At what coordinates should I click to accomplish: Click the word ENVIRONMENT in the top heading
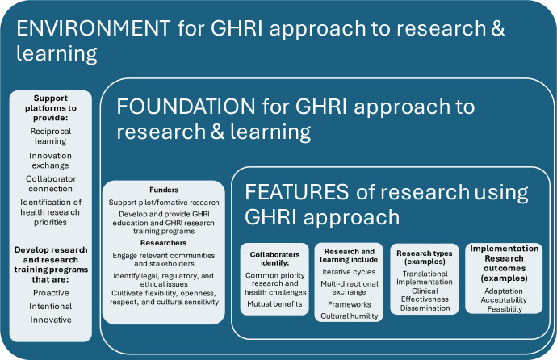[94, 28]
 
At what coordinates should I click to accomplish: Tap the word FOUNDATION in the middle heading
[186, 107]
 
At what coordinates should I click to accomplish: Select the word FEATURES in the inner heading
[296, 192]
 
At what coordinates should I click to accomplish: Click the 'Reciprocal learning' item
[50, 136]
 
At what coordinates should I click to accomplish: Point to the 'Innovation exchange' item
[50, 161]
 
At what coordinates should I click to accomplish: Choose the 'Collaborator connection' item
[50, 183]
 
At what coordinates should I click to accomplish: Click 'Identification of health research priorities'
[50, 212]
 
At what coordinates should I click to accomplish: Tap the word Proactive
[51, 293]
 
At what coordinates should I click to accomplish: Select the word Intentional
[50, 307]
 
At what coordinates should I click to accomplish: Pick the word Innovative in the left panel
[51, 320]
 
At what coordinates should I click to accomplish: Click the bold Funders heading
[164, 190]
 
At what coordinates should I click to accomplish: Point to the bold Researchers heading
[163, 243]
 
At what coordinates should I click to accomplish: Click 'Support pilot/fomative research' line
[164, 203]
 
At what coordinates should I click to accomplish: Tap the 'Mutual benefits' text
[274, 304]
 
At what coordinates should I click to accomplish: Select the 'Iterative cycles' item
[349, 272]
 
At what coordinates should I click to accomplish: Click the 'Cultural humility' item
[350, 316]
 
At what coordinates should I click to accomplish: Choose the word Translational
[425, 274]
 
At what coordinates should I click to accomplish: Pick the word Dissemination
[425, 308]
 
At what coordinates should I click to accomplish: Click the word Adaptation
[504, 291]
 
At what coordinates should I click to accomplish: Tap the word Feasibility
[505, 309]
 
